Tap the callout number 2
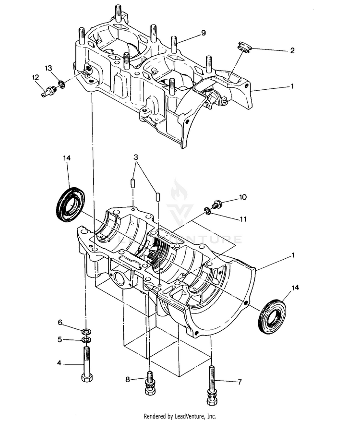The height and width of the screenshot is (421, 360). click(x=292, y=50)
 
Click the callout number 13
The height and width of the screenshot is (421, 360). click(x=48, y=68)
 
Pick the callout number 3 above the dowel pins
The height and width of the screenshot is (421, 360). click(x=136, y=157)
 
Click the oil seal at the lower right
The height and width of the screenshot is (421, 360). click(x=272, y=315)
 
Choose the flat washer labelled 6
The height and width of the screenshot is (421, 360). click(x=87, y=332)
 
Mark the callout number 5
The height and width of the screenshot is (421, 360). click(x=60, y=339)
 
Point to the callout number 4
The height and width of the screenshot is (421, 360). click(x=60, y=363)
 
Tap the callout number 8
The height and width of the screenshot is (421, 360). click(x=128, y=379)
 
